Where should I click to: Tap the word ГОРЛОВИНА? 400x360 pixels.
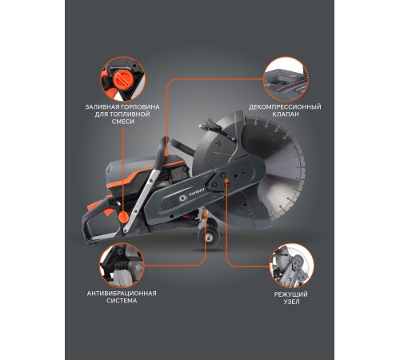tap(144, 106)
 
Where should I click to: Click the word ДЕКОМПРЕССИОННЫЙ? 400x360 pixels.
tap(286, 106)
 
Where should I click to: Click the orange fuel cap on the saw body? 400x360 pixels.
tap(123, 217)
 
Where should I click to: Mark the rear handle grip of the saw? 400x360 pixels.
tap(100, 224)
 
